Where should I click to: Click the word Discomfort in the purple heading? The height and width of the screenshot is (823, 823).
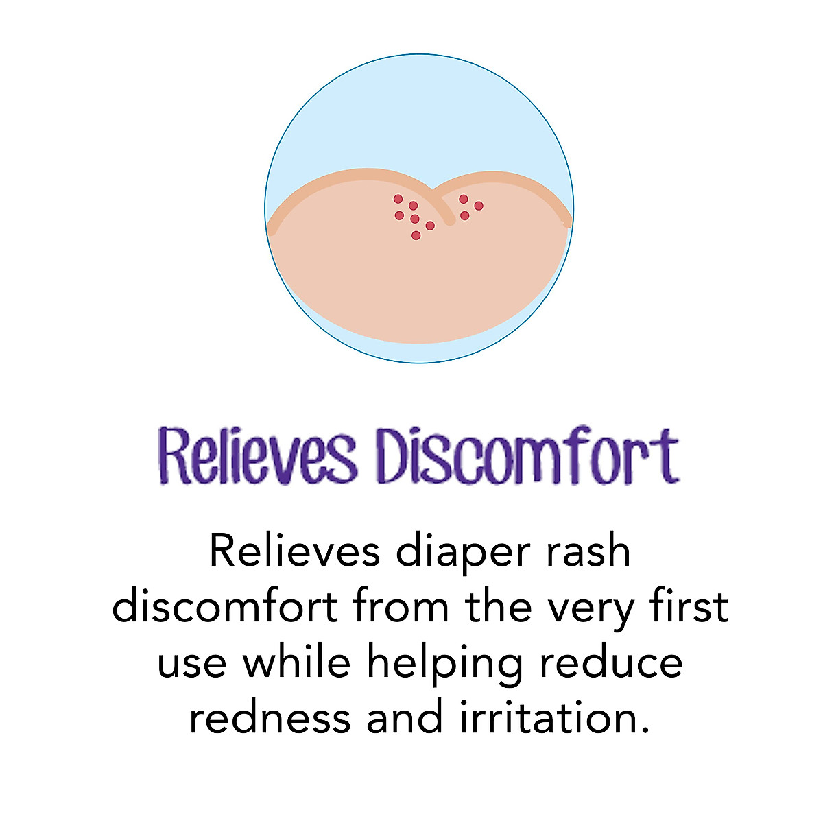coord(528,455)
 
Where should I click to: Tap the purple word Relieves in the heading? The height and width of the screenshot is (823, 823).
coord(257,455)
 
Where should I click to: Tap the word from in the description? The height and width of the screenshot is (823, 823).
coord(405,606)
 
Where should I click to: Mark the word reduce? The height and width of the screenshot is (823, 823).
coord(610,662)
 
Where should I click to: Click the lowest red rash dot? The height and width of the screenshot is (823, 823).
coord(416,235)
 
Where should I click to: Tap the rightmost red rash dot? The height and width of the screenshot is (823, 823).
coord(479,206)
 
